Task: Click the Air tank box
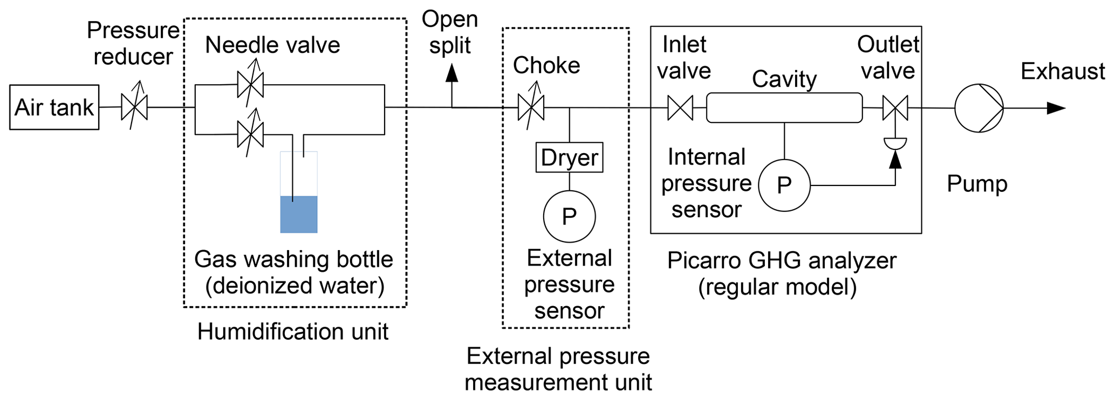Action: click(x=54, y=107)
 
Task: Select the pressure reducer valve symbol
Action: click(x=134, y=107)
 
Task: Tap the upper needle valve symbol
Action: click(x=250, y=85)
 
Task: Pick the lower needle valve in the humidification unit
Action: click(x=250, y=134)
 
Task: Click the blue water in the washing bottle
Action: click(x=299, y=215)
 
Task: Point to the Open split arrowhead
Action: click(x=452, y=73)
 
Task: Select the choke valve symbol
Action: click(x=531, y=107)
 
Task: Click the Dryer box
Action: click(x=569, y=157)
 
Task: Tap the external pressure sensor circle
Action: click(x=569, y=216)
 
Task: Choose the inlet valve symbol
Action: click(x=680, y=107)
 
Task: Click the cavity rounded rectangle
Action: click(x=784, y=107)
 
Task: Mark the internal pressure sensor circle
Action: click(x=784, y=185)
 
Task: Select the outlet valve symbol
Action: click(x=895, y=107)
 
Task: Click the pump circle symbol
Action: click(x=979, y=108)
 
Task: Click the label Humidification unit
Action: click(x=292, y=331)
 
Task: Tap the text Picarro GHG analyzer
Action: click(x=782, y=260)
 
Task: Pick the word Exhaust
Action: click(x=1063, y=71)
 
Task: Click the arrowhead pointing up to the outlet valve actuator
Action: click(x=895, y=160)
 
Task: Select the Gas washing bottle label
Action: click(x=293, y=259)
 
